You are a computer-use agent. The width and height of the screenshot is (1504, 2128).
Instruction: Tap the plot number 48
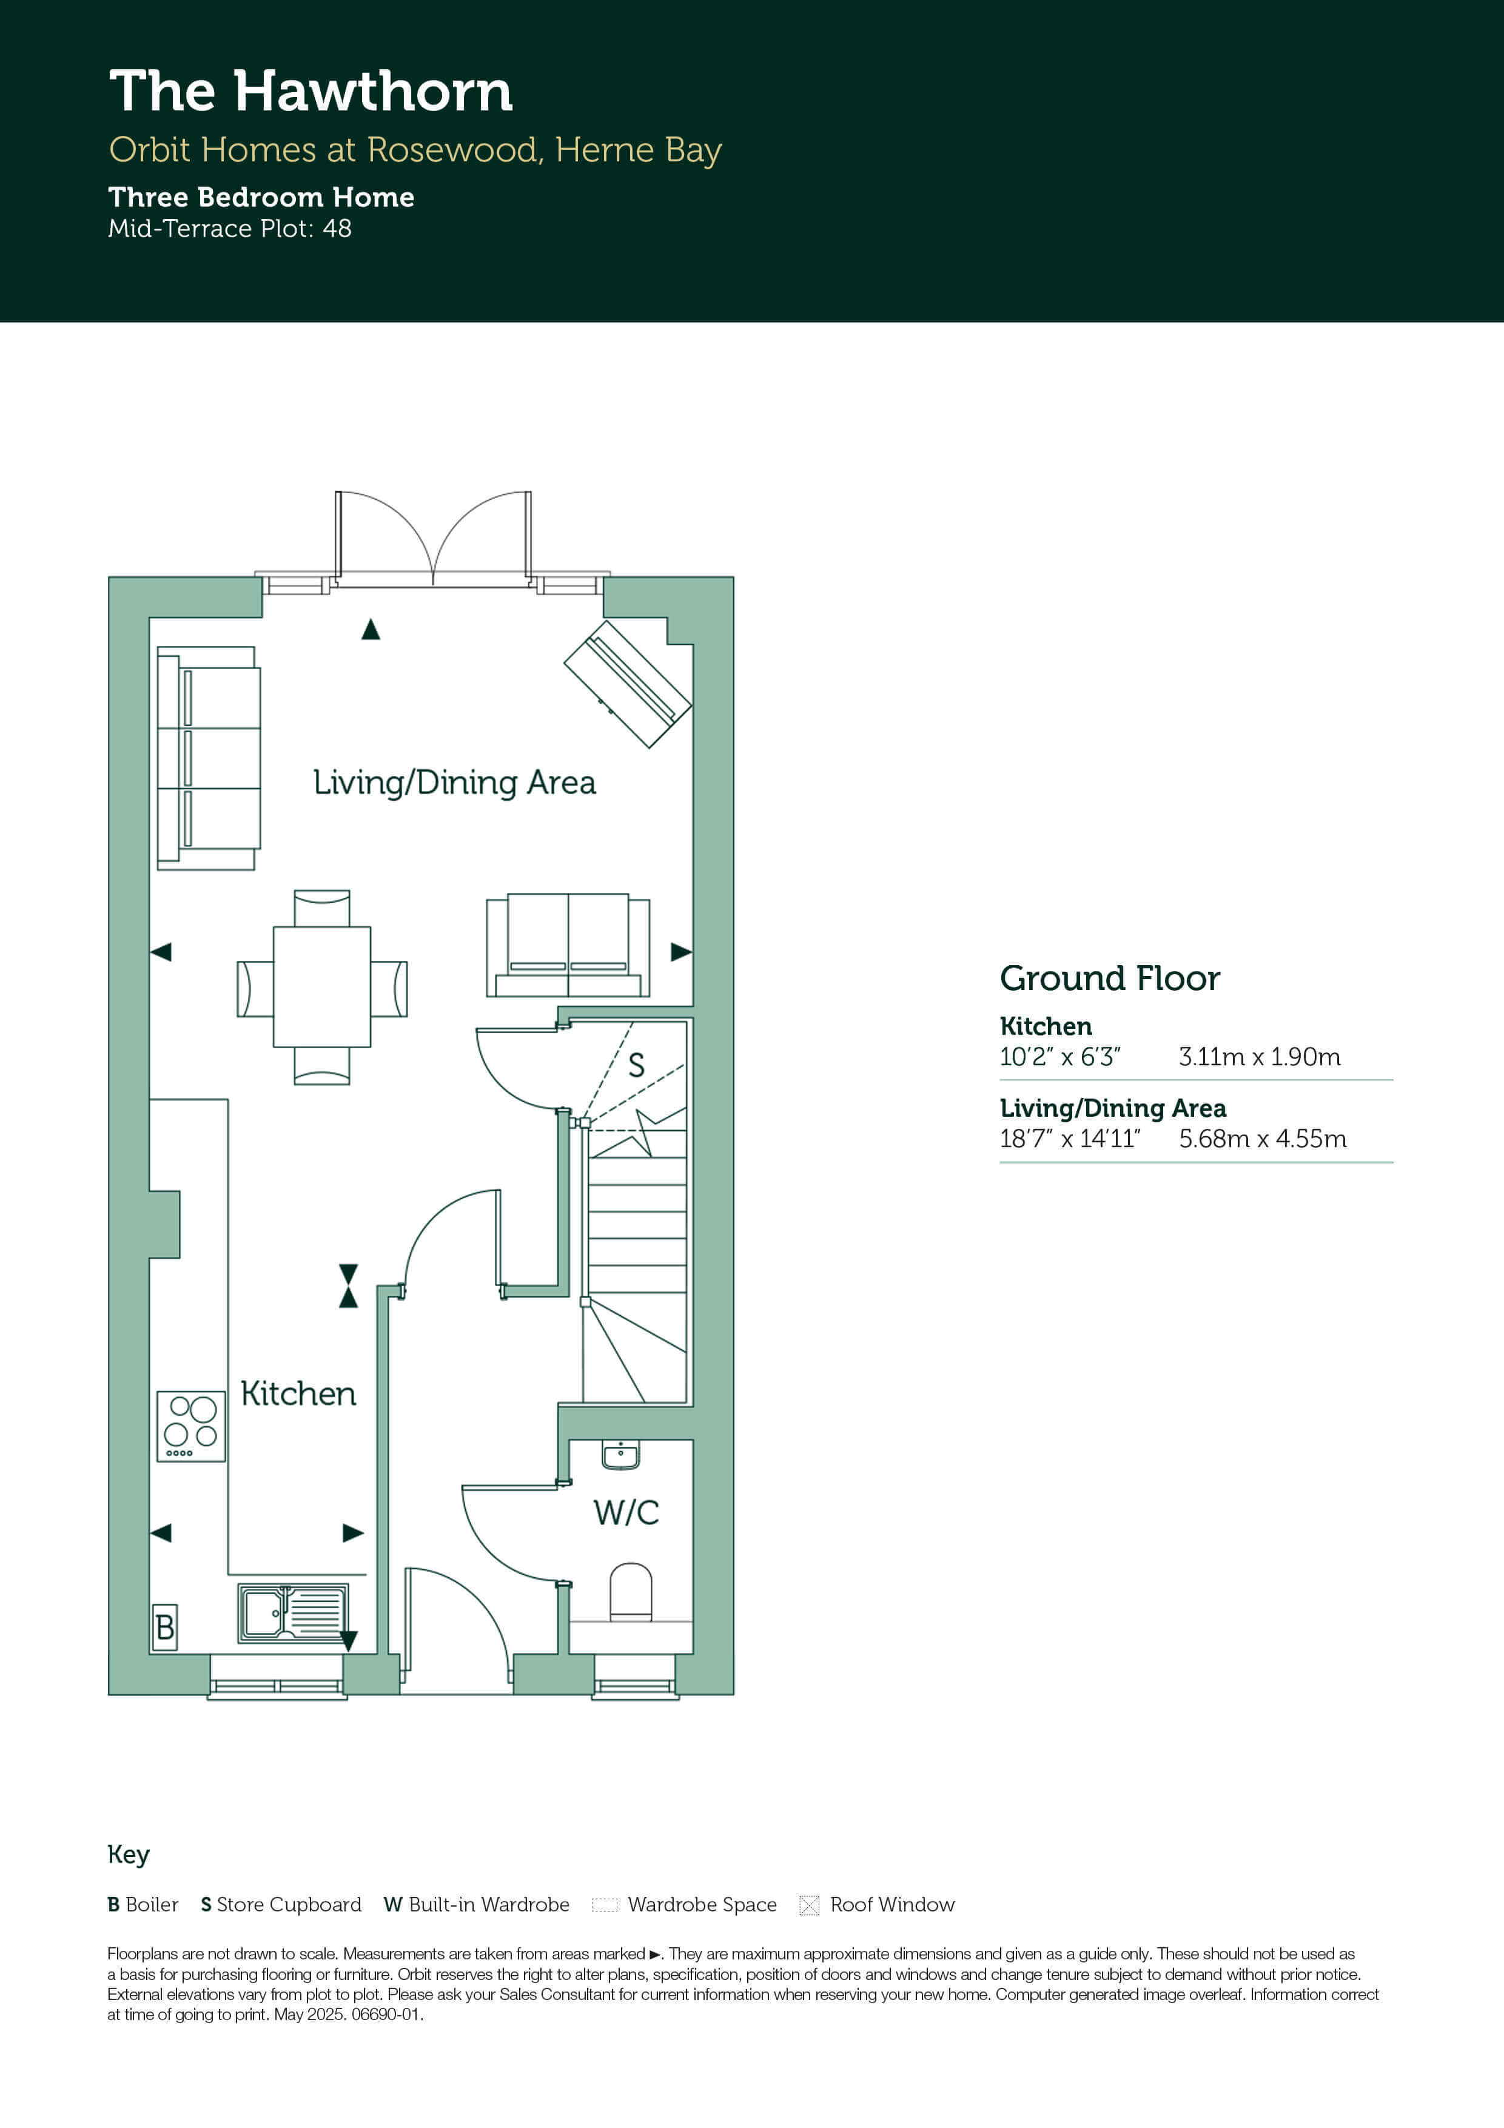pos(337,229)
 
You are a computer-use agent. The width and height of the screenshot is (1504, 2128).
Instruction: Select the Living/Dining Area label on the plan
pos(454,783)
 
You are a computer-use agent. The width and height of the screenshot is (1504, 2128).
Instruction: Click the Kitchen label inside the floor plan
pos(298,1394)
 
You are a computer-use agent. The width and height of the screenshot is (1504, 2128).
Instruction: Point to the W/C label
pos(626,1512)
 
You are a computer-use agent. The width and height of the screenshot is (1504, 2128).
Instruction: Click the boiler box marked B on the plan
pos(165,1626)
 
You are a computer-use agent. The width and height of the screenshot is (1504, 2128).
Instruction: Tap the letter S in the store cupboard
pos(637,1065)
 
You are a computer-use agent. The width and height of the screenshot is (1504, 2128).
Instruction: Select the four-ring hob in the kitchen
pos(191,1426)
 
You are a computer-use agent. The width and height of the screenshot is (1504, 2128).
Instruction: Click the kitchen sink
pos(294,1613)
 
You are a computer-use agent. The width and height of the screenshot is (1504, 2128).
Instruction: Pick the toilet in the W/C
pos(631,1591)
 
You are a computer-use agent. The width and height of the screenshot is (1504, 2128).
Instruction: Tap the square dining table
pos(321,987)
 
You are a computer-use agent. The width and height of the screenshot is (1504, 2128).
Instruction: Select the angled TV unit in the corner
pos(627,684)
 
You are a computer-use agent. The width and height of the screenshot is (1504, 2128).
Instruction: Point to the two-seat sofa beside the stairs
pos(568,945)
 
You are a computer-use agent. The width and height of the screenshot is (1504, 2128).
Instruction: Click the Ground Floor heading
pos(1110,978)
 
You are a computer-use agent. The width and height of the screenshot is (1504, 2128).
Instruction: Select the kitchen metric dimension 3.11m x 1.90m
pos(1260,1057)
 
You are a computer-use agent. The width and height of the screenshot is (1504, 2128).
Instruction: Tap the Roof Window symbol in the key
pos(809,1905)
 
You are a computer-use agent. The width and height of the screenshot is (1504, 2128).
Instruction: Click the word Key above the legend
pos(129,1854)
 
